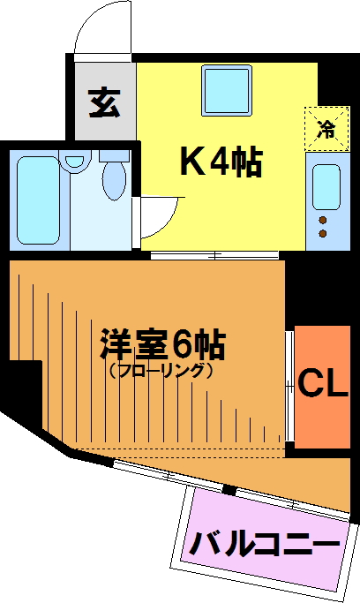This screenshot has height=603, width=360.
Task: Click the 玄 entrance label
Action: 104,102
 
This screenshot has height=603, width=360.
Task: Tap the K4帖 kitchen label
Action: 221,162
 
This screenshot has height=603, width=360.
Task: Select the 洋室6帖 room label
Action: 162,343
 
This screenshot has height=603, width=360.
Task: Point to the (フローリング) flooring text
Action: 161,371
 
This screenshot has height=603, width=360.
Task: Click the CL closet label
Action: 323,383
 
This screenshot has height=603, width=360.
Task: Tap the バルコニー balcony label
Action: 266,544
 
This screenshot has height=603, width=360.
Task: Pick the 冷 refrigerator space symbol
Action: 327,128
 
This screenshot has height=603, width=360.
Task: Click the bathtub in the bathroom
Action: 39,200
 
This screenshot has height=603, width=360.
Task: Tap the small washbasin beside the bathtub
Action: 74,161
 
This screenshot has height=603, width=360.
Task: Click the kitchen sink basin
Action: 326,187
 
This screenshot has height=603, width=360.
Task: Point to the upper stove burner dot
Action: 323,220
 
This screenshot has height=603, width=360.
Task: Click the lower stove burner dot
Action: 323,233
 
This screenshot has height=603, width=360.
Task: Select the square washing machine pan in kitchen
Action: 227,90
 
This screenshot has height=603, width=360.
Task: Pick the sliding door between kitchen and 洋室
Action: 214,255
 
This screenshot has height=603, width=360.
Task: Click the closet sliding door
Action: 290,388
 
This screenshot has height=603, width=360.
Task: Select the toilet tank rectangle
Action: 114,155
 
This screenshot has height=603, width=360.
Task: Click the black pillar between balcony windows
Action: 229,490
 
